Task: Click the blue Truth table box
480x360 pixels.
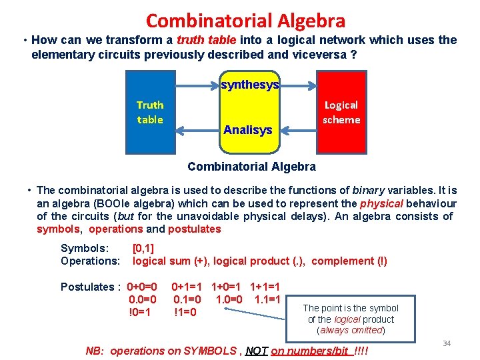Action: tap(150, 112)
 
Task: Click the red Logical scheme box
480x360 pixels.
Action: tap(341, 112)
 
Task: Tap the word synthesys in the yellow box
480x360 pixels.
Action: tap(250, 85)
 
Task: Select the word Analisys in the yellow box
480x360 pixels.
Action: tap(248, 130)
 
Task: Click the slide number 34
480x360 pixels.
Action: tap(447, 343)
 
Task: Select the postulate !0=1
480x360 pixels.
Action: tap(140, 312)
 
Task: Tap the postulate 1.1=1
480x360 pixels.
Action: tap(267, 299)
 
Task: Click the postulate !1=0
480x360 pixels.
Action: tap(185, 312)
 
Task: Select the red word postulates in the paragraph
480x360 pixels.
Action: tap(194, 229)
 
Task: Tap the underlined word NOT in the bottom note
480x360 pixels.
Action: tap(257, 351)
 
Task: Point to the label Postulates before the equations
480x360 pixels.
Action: tap(87, 287)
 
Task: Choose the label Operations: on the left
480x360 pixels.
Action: tap(90, 261)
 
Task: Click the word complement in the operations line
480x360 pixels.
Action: tap(342, 261)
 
